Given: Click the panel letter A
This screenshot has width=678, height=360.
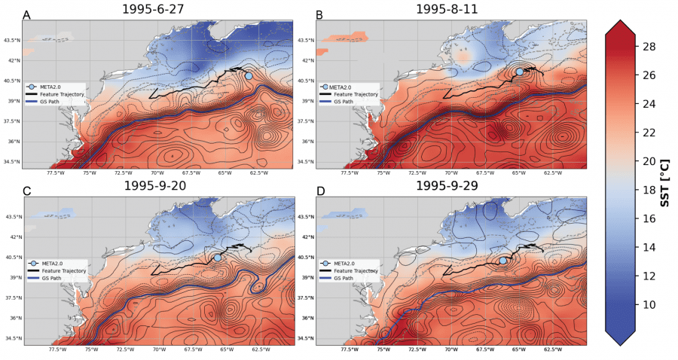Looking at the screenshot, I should tap(27, 15).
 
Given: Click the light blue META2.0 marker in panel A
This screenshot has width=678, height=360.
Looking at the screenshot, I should tap(249, 75).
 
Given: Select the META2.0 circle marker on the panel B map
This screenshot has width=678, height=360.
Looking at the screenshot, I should tap(520, 72).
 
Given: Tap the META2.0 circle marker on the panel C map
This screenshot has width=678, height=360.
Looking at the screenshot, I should tap(218, 258).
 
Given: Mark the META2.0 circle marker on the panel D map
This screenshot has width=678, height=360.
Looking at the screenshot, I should tap(503, 260).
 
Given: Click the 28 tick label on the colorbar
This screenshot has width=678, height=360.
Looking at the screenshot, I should tap(647, 47).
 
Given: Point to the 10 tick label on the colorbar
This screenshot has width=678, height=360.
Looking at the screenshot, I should tap(647, 305).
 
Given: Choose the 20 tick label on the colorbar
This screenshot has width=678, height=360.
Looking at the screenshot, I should tap(647, 161).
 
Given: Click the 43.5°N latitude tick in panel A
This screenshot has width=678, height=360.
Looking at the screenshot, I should tap(11, 40).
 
